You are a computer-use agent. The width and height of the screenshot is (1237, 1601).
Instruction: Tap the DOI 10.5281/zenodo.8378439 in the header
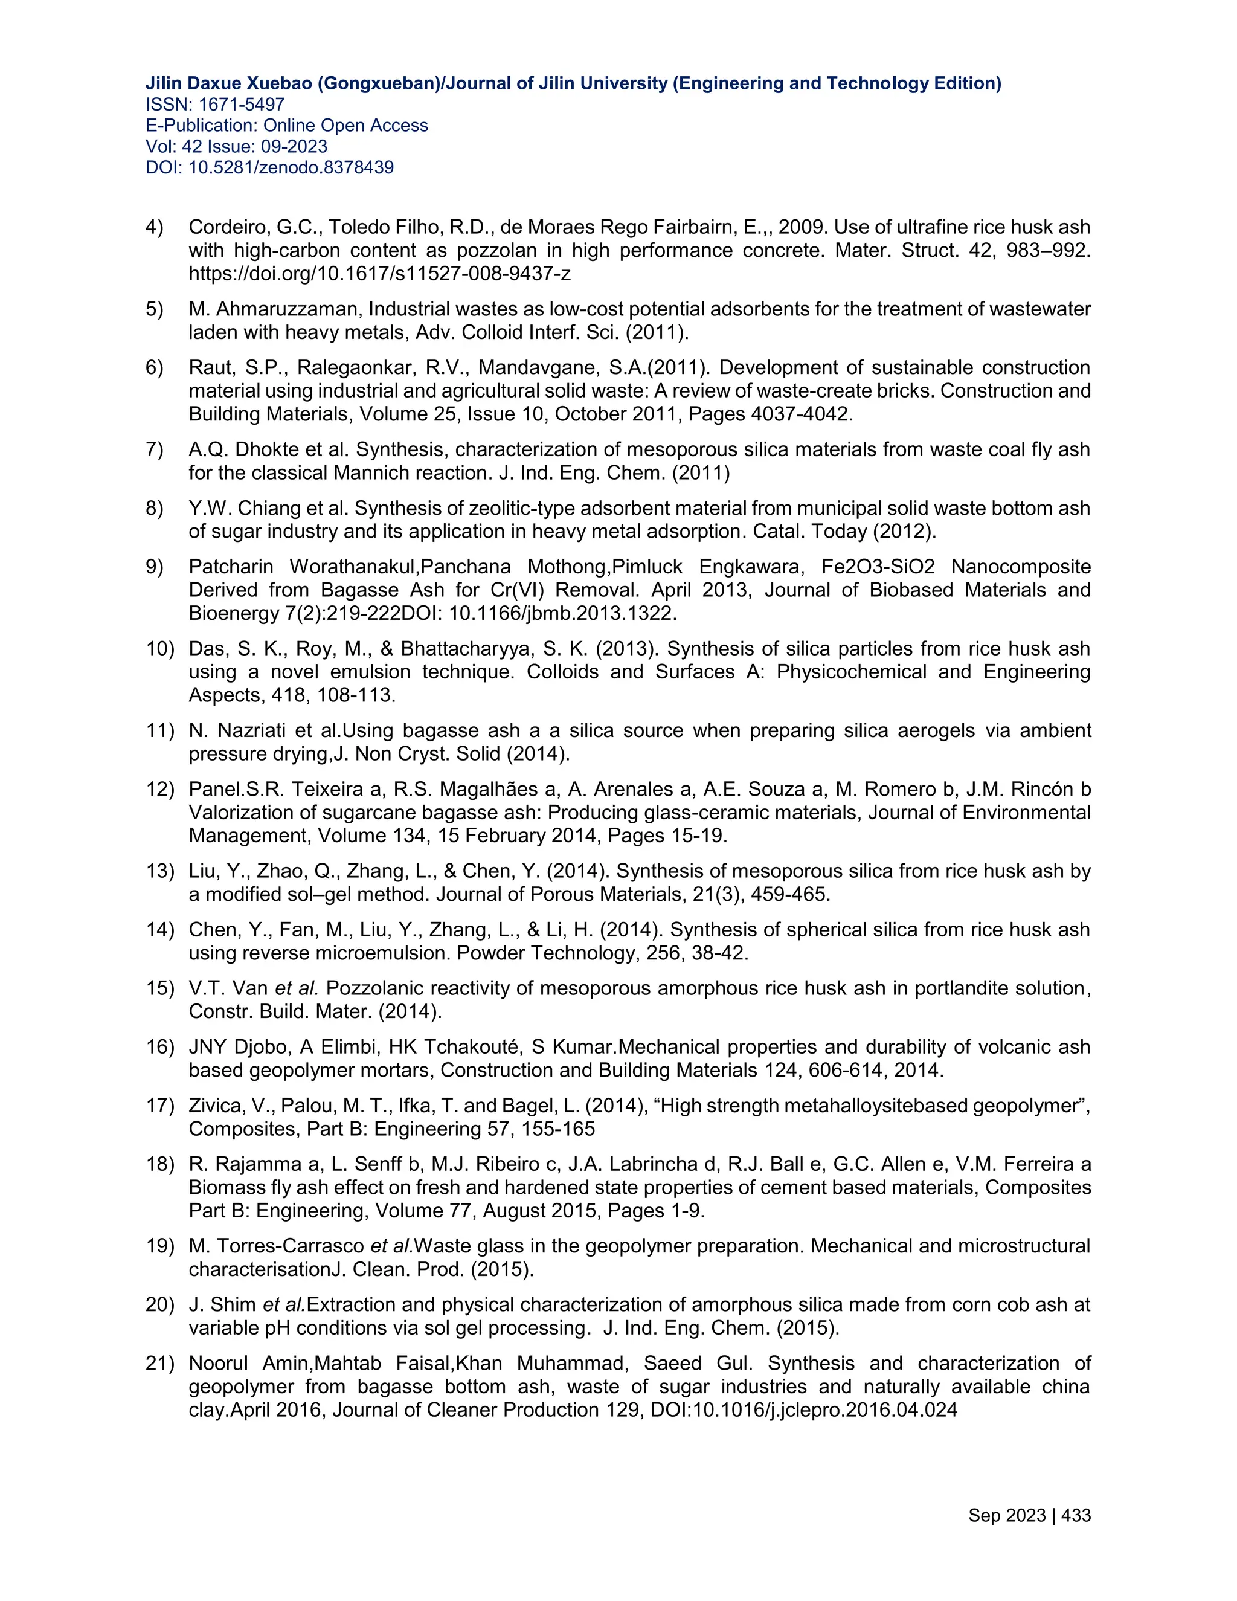(291, 168)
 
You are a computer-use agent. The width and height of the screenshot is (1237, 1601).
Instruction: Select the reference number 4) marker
(154, 227)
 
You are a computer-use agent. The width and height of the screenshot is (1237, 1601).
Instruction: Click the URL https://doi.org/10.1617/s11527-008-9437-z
(379, 274)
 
